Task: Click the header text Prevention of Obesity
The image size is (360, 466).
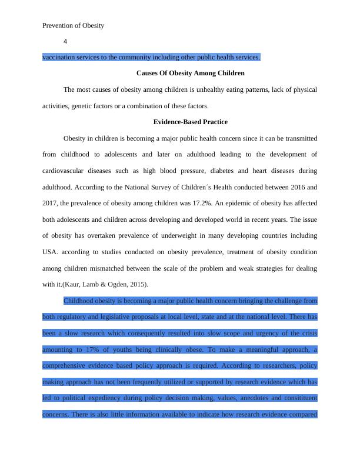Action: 74,25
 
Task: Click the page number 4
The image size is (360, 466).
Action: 65,41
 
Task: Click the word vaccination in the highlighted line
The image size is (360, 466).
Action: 61,57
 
